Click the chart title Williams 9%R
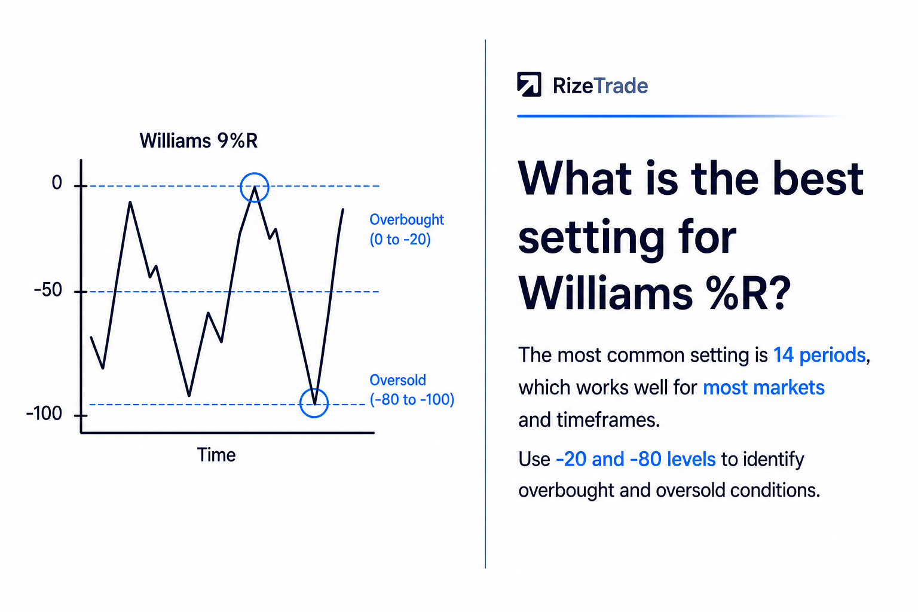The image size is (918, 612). pos(198,140)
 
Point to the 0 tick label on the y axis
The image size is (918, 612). pos(57,182)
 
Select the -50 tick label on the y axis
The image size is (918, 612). pos(48,290)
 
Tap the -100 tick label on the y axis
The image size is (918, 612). pos(44,413)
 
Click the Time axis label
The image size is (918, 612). pos(216,455)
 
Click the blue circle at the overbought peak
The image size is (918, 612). pos(241,187)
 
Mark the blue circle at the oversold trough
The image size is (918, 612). pos(300,403)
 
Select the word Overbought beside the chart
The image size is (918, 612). pos(406,220)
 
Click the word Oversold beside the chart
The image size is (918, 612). pos(397,380)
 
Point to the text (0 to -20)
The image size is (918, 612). pos(400,240)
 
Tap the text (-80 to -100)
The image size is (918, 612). pos(412,399)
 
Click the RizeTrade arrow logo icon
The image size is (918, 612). pos(529,84)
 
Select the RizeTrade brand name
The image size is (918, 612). pos(601,86)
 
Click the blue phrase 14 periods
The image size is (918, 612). pos(819,355)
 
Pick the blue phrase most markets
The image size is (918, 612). pos(763,388)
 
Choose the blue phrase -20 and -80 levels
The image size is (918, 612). pos(636,459)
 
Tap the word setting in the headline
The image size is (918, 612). pos(590,240)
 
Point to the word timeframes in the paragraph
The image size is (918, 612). pos(608,420)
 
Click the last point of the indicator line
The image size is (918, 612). pos(343,209)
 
